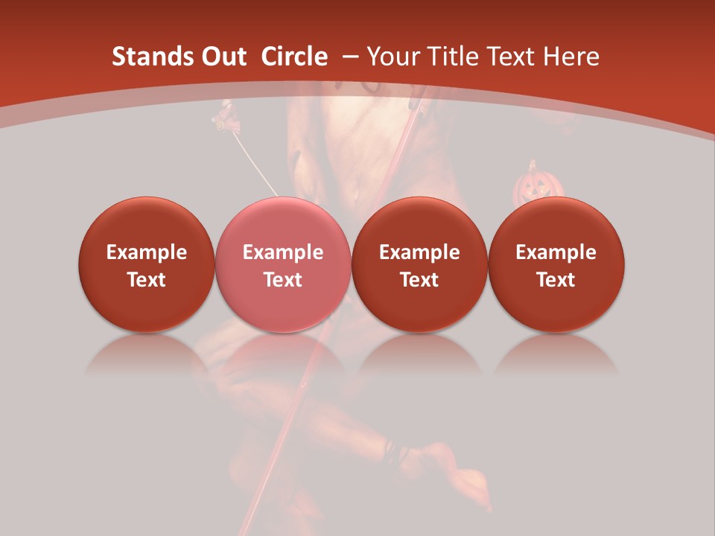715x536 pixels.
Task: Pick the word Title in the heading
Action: (x=454, y=57)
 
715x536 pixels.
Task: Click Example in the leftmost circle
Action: (x=147, y=252)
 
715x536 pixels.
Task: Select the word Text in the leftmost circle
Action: (x=147, y=280)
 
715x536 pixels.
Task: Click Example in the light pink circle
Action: (x=283, y=252)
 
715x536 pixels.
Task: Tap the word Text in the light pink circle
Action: (x=283, y=280)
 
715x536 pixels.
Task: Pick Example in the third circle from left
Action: (x=419, y=252)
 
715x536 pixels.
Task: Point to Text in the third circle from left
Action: (x=419, y=280)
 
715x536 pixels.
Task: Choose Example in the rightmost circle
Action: (x=556, y=252)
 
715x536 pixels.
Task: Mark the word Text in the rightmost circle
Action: (x=556, y=280)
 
